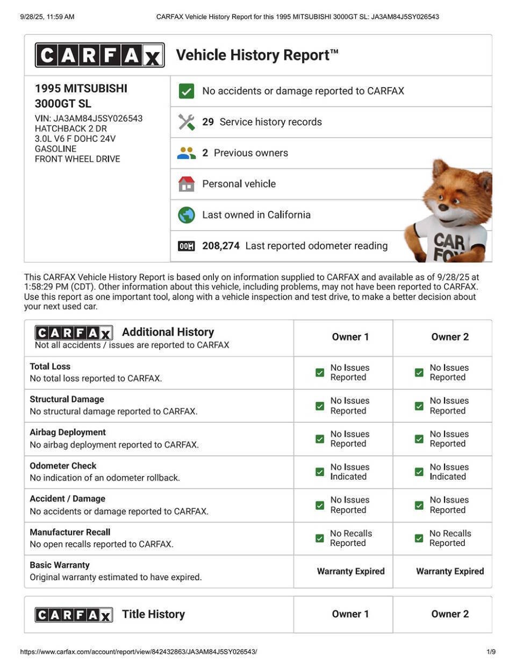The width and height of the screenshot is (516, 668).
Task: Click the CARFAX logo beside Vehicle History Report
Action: (x=99, y=55)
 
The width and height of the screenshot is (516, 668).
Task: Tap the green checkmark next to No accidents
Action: (x=186, y=91)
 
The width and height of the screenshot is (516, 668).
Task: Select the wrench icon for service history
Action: (x=186, y=122)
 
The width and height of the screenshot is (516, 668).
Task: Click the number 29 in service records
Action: (x=208, y=122)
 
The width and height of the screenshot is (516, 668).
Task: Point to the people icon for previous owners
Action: (x=186, y=153)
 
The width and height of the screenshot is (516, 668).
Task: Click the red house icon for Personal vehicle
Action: (x=186, y=184)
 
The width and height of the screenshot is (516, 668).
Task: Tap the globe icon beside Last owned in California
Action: (x=186, y=215)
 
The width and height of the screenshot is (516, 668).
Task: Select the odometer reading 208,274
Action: (x=221, y=246)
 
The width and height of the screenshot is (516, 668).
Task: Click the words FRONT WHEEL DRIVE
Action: (x=77, y=159)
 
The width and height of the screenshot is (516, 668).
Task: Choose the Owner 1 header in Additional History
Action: (x=350, y=337)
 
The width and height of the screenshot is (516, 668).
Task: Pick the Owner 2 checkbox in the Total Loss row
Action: (x=419, y=372)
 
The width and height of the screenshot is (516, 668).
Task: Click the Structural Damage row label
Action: (x=67, y=399)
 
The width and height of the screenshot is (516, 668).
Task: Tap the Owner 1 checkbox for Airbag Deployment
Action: (x=320, y=439)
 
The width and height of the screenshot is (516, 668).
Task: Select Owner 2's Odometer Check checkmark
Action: (x=419, y=472)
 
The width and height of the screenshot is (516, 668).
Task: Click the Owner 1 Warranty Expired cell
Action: (x=350, y=571)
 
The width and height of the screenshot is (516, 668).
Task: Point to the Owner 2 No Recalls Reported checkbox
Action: (x=419, y=538)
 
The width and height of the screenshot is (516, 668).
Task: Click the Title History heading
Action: (x=153, y=614)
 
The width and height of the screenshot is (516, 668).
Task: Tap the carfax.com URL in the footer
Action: (x=139, y=652)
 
